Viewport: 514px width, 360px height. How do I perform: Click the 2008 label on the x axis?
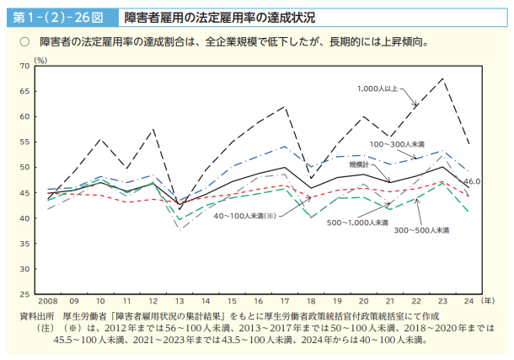pos(46,302)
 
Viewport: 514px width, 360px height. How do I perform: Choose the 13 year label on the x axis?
pos(179,302)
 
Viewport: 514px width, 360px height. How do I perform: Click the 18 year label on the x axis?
pos(311,302)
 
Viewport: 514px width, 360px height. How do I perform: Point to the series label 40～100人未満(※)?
pos(244,216)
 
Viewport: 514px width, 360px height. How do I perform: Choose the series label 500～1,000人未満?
pos(357,223)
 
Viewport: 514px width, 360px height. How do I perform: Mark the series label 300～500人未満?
pos(420,229)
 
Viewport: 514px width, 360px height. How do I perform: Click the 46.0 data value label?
pos(472,181)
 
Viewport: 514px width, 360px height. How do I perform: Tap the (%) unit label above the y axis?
pos(40,60)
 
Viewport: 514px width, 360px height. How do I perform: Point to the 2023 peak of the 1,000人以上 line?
pos(442,79)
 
